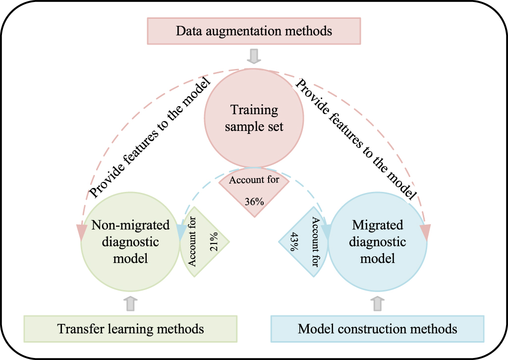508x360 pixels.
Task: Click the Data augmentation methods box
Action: coord(254,31)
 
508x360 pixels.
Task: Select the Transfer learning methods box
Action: coord(131,328)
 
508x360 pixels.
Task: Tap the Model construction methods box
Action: coord(377,328)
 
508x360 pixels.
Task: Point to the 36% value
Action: coord(254,202)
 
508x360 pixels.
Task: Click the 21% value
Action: coord(215,243)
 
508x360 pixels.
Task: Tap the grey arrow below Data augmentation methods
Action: coord(254,56)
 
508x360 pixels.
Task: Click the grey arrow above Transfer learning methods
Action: coord(131,303)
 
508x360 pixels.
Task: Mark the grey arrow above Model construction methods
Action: coord(377,303)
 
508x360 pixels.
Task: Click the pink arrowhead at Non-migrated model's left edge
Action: coord(81,232)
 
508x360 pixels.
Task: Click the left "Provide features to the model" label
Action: coord(148,136)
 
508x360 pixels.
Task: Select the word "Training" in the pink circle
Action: coord(254,110)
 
